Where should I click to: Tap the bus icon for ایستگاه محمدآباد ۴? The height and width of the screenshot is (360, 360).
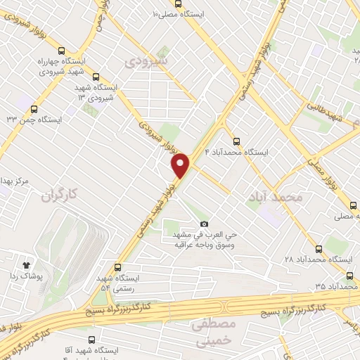click(x=236, y=140)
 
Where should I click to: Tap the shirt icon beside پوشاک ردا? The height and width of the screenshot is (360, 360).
click(x=26, y=266)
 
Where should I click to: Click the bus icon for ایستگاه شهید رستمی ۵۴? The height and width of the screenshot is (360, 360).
click(x=117, y=267)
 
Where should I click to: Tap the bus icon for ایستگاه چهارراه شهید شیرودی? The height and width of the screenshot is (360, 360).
click(x=62, y=51)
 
